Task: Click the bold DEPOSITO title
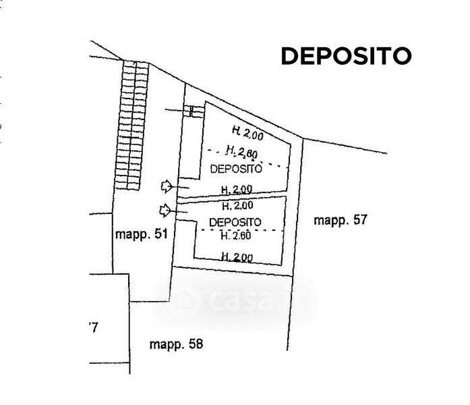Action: (x=345, y=56)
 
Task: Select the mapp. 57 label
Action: (x=340, y=219)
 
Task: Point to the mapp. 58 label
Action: (x=175, y=344)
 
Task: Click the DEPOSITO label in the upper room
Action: (x=235, y=168)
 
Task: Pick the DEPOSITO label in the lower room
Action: (x=235, y=222)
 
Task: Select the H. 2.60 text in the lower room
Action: (x=236, y=236)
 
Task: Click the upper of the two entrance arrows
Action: (x=166, y=184)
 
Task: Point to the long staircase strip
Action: (x=131, y=125)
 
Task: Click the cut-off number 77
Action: (x=93, y=329)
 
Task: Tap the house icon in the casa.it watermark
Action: (x=184, y=298)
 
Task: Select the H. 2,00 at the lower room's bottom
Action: (x=237, y=256)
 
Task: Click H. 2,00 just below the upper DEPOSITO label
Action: (x=237, y=188)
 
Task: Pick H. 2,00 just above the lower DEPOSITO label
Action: (x=237, y=205)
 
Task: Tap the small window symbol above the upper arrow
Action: (x=194, y=111)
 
